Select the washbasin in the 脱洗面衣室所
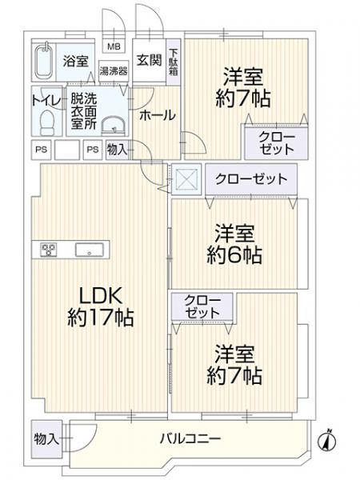tap(114, 124)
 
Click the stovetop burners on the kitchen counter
tap(46, 250)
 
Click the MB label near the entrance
tap(113, 46)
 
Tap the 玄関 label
tap(149, 61)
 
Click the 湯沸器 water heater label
tap(113, 71)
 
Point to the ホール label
tap(157, 115)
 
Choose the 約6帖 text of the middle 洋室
tap(234, 257)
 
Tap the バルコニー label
tap(190, 438)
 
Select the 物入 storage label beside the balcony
tap(46, 438)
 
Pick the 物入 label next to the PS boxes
tap(117, 148)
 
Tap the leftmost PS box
tap(40, 148)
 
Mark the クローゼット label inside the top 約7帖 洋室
tap(276, 143)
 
